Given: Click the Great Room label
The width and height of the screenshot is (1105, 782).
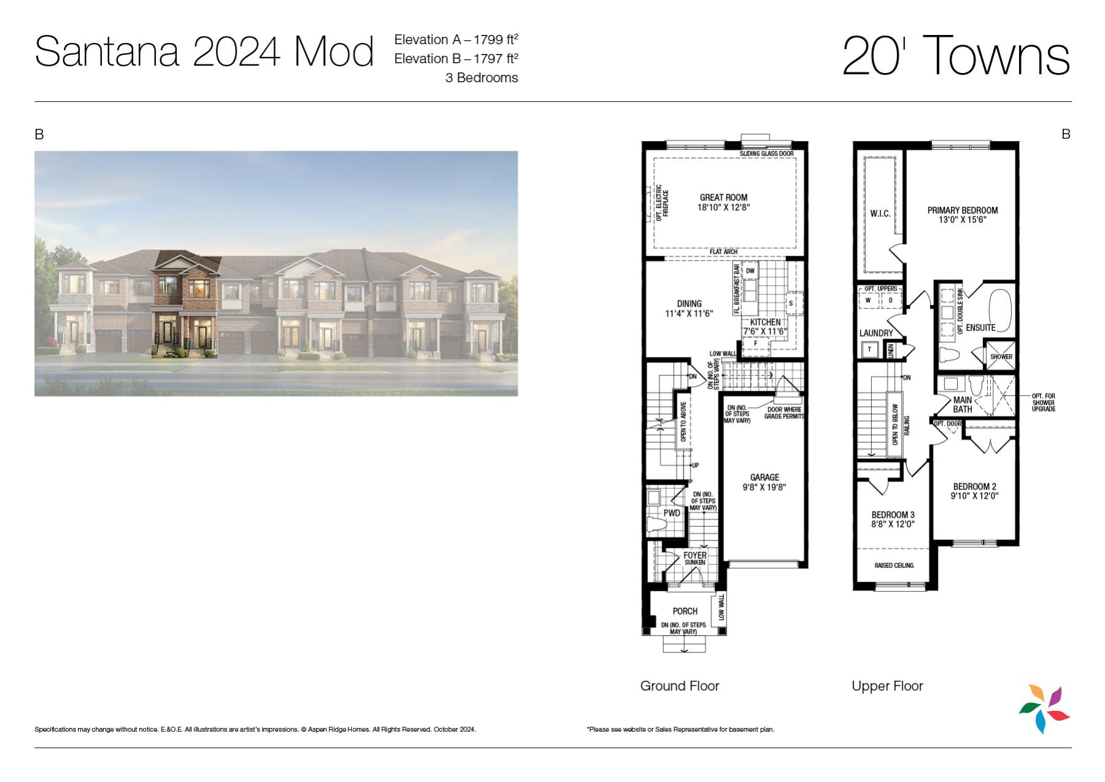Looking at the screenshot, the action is (x=723, y=197).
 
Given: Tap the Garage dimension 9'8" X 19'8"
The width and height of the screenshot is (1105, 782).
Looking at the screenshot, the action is (x=764, y=488).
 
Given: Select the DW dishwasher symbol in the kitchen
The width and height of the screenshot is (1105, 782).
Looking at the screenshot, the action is (x=750, y=270).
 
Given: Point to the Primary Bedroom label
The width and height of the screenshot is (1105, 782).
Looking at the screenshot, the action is (x=962, y=210).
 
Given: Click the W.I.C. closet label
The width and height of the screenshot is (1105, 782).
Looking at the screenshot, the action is (x=880, y=213).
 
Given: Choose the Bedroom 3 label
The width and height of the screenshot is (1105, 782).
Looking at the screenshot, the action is (x=893, y=515).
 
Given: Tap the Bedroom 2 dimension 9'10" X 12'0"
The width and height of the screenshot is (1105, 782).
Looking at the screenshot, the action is (x=974, y=496).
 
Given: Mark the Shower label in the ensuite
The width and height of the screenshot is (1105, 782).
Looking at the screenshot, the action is (x=1001, y=357).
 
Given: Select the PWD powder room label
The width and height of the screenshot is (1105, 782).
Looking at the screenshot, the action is (x=672, y=513).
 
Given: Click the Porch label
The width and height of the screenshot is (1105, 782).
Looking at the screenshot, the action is (x=685, y=611).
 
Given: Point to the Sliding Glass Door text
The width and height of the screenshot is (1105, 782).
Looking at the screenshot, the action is (x=766, y=153).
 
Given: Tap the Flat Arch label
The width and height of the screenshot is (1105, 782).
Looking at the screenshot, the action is (x=723, y=251).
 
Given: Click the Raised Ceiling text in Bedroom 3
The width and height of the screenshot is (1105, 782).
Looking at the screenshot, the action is (x=894, y=565).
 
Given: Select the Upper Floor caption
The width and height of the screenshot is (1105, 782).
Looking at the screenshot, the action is (x=887, y=686).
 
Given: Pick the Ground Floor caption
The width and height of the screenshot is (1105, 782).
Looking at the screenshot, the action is (x=680, y=686).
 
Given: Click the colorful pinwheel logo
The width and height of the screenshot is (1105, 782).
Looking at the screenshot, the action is (x=1044, y=708).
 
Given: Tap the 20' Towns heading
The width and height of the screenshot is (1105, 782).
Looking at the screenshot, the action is (x=956, y=55).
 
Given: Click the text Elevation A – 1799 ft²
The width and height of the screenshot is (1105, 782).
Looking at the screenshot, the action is (x=456, y=39).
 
